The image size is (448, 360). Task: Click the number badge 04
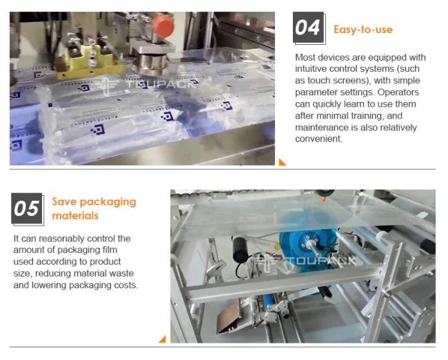click(x=309, y=28)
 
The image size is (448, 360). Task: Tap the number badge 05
click(x=27, y=208)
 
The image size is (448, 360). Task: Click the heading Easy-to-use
click(x=363, y=30)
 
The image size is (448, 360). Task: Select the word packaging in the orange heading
click(x=108, y=202)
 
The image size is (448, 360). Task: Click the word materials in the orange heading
click(x=75, y=216)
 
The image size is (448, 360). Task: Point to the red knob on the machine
click(x=163, y=26)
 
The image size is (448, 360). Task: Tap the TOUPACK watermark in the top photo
click(x=146, y=85)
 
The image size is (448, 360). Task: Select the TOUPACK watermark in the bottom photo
click(x=305, y=261)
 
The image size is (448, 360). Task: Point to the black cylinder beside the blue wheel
click(x=241, y=250)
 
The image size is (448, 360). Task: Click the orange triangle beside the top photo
click(x=282, y=162)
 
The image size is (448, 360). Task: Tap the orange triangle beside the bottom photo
click(x=163, y=339)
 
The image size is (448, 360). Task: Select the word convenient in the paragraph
click(x=318, y=139)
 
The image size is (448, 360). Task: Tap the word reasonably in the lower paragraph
click(x=61, y=239)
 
